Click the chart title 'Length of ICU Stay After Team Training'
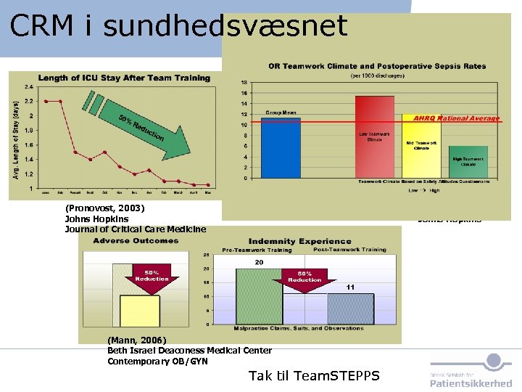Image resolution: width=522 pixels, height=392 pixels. point(123,78)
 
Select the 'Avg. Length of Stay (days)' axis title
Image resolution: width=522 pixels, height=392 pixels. point(16,139)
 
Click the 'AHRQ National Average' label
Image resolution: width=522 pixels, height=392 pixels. point(456,118)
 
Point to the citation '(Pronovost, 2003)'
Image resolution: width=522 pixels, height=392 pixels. point(104,208)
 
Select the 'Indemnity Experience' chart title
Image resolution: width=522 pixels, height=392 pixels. point(299,241)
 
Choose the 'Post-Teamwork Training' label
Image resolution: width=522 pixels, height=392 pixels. point(351,250)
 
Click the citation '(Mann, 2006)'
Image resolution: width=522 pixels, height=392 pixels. point(136,340)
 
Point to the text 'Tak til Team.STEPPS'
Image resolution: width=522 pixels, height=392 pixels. point(312,375)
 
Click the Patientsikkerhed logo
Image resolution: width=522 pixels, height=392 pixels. point(471,372)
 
